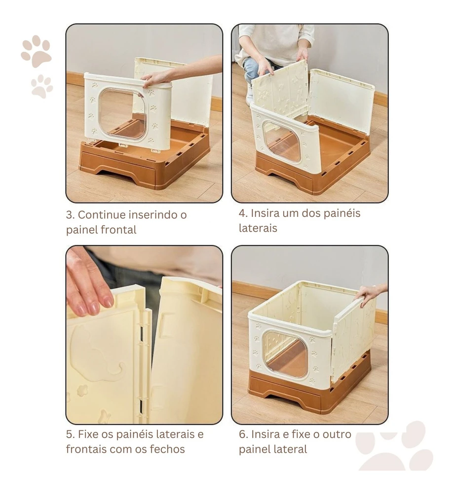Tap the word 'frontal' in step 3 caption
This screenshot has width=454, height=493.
[118, 230]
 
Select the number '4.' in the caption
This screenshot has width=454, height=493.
[243, 213]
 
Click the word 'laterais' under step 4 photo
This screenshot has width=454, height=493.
[258, 228]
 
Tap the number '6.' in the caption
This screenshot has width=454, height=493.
[243, 434]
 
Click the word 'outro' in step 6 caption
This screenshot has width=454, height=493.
[337, 434]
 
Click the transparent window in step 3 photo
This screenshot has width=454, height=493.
[123, 115]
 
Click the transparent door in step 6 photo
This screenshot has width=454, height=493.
[285, 353]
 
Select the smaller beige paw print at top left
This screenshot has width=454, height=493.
[42, 86]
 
